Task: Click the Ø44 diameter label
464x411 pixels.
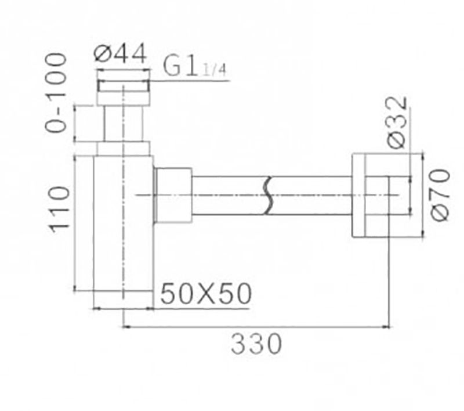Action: (x=121, y=55)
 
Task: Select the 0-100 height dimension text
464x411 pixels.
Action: (x=56, y=93)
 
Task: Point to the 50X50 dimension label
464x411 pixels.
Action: (x=206, y=294)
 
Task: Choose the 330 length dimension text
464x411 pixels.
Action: (x=256, y=345)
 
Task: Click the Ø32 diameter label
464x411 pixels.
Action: (x=397, y=123)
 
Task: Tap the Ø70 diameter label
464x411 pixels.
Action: (x=440, y=194)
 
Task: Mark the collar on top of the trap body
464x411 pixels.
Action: (x=123, y=148)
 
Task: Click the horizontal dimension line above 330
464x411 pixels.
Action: (x=255, y=327)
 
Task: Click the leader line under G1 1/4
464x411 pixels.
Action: (x=191, y=81)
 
